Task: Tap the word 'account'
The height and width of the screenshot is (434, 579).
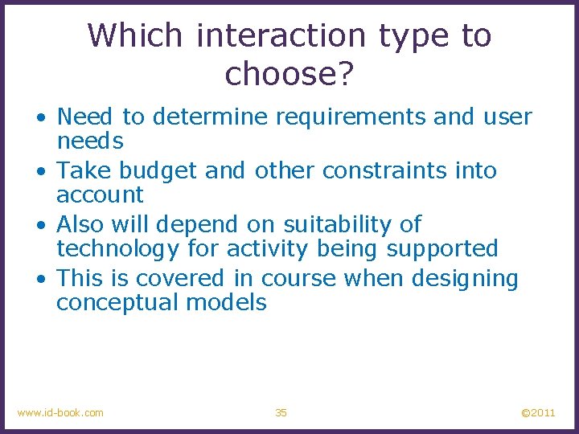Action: pos(100,194)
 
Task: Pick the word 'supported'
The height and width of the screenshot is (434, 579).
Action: pos(442,249)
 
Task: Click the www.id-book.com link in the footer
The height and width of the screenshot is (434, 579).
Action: pos(60,412)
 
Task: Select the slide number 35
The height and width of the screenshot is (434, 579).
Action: pos(281,412)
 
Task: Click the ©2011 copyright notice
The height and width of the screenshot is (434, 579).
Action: pos(538,412)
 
